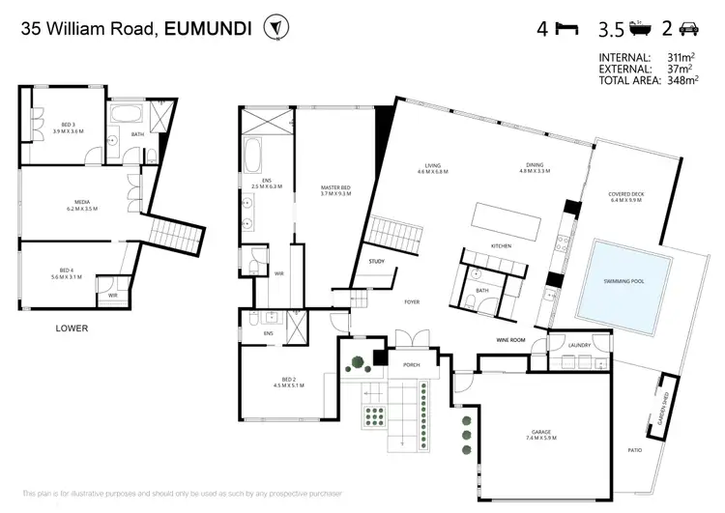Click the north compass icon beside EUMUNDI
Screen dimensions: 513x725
pyautogui.click(x=278, y=28)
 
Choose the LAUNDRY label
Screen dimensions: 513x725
pyautogui.click(x=580, y=345)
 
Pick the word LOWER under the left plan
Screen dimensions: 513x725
pyautogui.click(x=71, y=328)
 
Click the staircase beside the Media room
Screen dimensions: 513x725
pyautogui.click(x=175, y=236)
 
